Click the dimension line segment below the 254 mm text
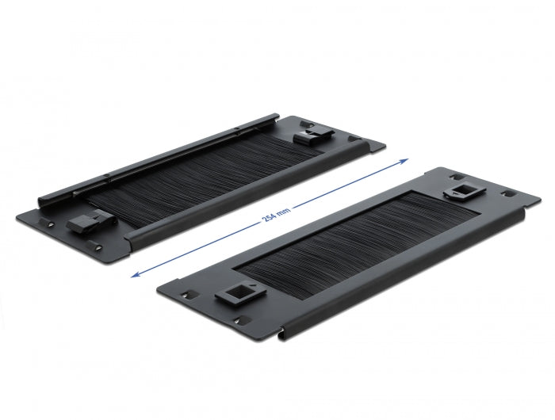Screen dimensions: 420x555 (x=206, y=246)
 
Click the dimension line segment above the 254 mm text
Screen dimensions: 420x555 (x=349, y=184)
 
